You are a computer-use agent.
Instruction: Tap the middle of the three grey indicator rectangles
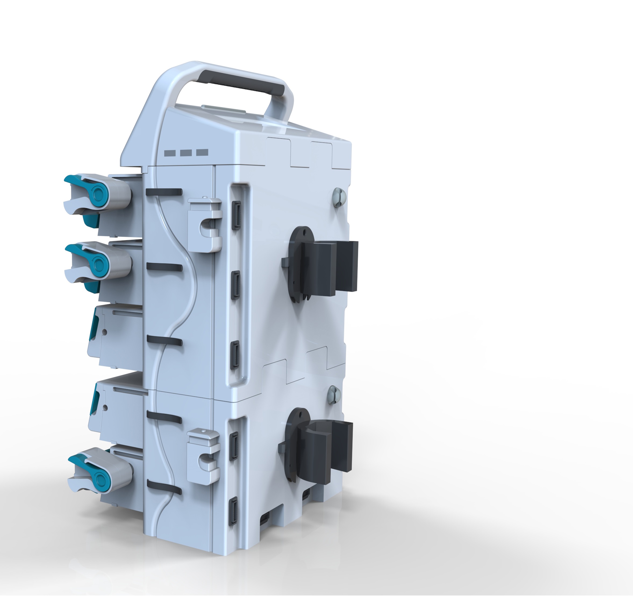pos(186,153)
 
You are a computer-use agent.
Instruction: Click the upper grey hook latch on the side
pos(204,224)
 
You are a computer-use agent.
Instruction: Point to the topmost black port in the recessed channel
pos(237,215)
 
